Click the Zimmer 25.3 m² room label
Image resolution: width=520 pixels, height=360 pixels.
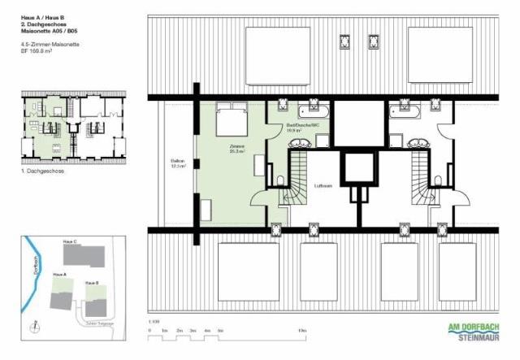238,149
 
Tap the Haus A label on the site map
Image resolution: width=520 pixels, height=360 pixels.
58,275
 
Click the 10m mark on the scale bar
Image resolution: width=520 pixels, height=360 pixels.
301,332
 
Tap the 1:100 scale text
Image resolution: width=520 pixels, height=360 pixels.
153,323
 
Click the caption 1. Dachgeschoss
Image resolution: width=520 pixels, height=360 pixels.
42,171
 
